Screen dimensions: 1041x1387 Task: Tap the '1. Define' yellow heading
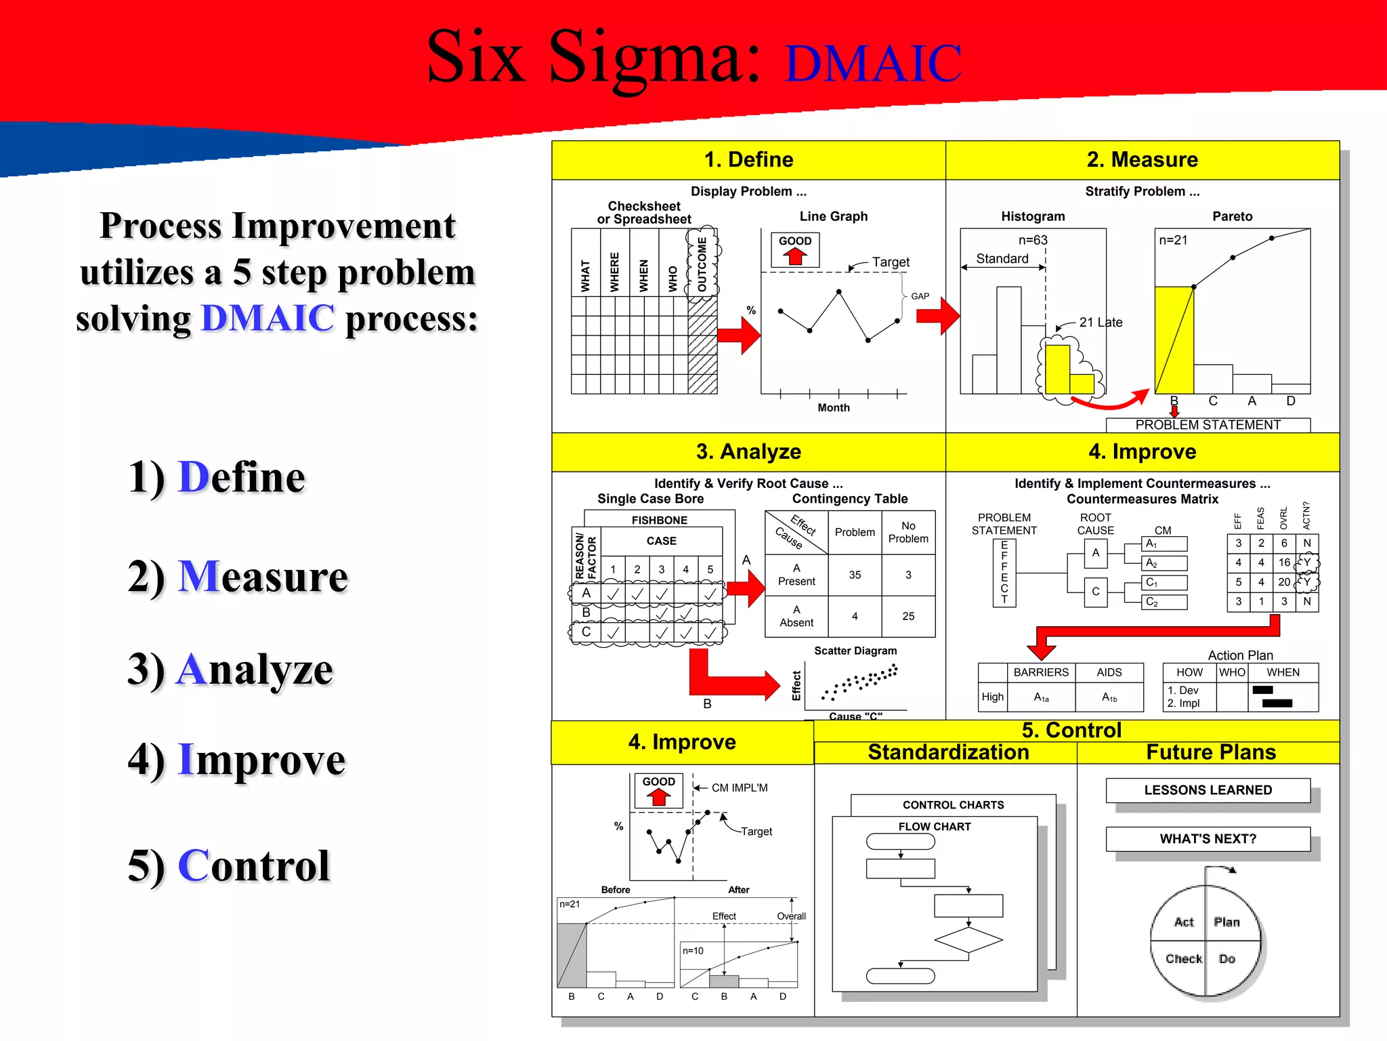pos(748,159)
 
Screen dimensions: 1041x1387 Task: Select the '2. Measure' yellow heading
pos(1142,159)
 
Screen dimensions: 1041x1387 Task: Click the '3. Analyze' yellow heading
pos(748,451)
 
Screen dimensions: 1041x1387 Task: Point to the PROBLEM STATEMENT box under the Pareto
pos(1208,425)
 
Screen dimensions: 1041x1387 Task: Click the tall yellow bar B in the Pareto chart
pos(1174,339)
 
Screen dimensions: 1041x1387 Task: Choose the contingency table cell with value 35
pos(855,575)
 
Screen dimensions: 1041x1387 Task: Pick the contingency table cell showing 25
pos(908,616)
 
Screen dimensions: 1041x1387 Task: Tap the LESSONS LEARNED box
pos(1208,790)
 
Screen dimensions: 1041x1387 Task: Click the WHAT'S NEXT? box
pos(1208,839)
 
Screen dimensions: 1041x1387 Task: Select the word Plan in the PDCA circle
pos(1226,922)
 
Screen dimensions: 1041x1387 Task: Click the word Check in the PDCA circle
pos(1183,958)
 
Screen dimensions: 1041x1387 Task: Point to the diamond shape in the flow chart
pos(968,940)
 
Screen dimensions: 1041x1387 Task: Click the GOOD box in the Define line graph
pos(795,249)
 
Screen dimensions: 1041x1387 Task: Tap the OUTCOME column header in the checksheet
pos(702,264)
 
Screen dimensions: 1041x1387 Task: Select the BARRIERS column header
pos(1040,672)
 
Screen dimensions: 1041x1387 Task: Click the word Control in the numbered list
pos(254,865)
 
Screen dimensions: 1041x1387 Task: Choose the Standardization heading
pos(948,752)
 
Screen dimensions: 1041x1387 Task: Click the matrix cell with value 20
pos(1283,582)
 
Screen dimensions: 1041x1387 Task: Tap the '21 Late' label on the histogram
pos(1101,323)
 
